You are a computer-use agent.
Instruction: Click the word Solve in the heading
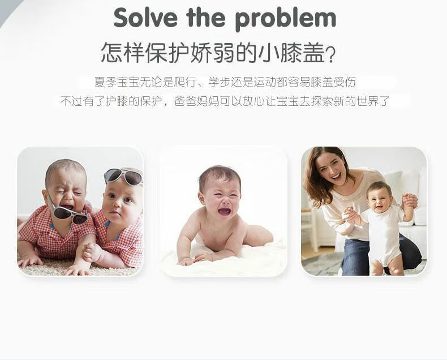tap(145, 18)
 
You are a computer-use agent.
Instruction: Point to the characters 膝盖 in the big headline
tap(303, 53)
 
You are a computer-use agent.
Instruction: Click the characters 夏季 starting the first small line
tap(106, 82)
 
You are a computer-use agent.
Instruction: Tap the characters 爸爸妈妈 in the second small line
tap(196, 101)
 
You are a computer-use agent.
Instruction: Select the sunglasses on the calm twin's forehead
tap(123, 176)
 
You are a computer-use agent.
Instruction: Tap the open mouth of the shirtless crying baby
tap(225, 211)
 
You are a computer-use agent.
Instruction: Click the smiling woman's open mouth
tap(337, 176)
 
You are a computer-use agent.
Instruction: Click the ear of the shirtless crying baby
tap(201, 198)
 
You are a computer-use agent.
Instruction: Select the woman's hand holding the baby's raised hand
tap(410, 200)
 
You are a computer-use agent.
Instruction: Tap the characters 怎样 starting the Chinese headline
tap(123, 53)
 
